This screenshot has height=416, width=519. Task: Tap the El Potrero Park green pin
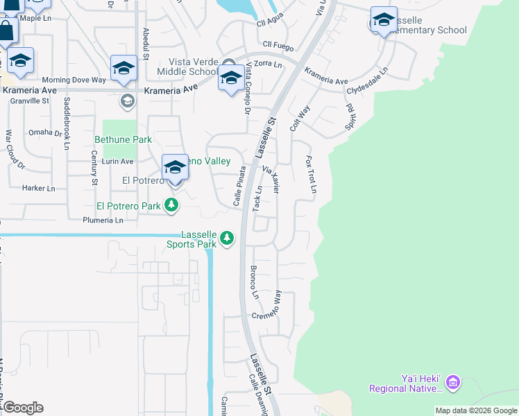171,205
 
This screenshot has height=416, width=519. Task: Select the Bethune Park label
123,139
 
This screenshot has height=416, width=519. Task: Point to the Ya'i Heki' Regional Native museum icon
453,381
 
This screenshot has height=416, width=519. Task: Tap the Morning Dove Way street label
74,80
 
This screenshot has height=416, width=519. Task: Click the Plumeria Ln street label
102,220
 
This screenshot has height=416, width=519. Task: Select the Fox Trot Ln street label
312,174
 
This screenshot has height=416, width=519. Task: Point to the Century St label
94,171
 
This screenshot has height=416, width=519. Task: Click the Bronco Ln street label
254,282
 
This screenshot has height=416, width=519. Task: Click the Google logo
23,408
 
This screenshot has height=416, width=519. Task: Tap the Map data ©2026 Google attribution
476,410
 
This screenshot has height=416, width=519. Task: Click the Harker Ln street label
38,188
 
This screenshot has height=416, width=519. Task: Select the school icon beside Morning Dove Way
124,69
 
